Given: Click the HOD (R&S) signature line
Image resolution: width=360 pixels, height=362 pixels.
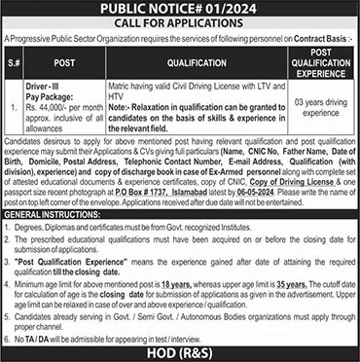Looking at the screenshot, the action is click(179, 352).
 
